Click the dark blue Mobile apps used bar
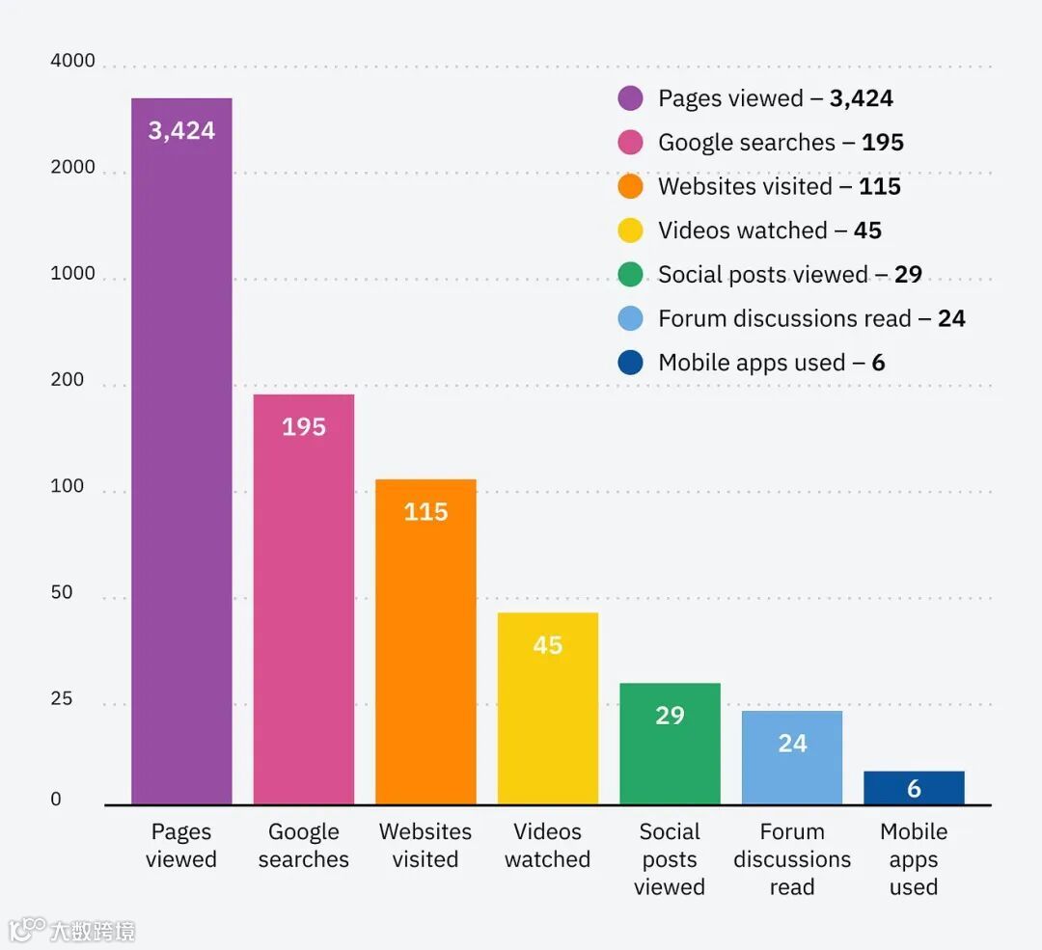pos(914,788)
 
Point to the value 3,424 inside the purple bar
pos(181,131)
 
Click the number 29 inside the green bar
pos(670,716)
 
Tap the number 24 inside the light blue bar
pos(792,744)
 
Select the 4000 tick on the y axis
pos(72,62)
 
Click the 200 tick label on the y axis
pos(68,381)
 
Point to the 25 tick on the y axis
pos(62,699)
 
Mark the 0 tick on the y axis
pos(56,800)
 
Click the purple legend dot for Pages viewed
pos(630,98)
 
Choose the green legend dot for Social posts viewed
pos(630,275)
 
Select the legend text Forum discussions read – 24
pos(811,319)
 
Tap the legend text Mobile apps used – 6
pos(771,364)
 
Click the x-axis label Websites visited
pos(425,846)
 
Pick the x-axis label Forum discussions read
pos(792,859)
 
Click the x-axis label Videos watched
pos(547,846)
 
